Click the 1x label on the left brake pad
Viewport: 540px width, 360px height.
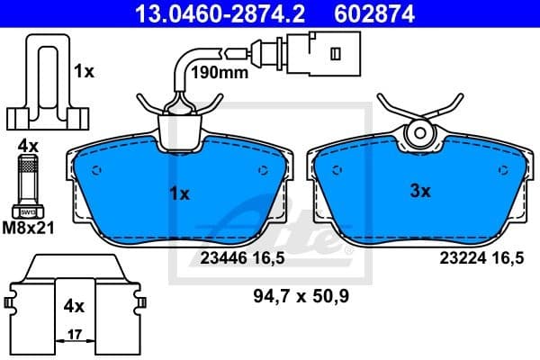coord(179,193)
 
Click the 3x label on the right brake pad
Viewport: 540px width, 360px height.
coord(419,191)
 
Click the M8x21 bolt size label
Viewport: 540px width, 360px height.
coord(30,228)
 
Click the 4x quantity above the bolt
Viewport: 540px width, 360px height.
coord(28,144)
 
